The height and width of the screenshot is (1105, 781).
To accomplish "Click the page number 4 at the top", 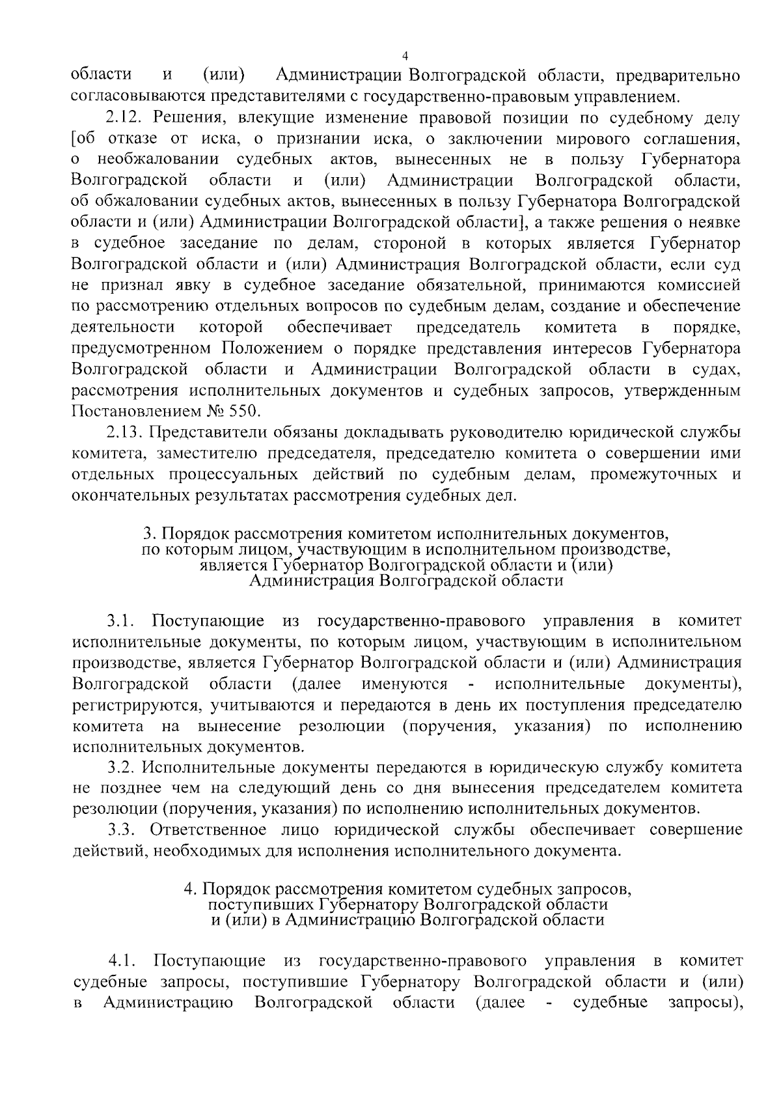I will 405,55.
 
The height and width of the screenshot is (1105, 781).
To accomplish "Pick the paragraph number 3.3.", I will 122,830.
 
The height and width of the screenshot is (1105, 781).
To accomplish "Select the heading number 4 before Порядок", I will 189,889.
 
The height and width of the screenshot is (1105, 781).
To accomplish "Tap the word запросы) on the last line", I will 706,1002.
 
